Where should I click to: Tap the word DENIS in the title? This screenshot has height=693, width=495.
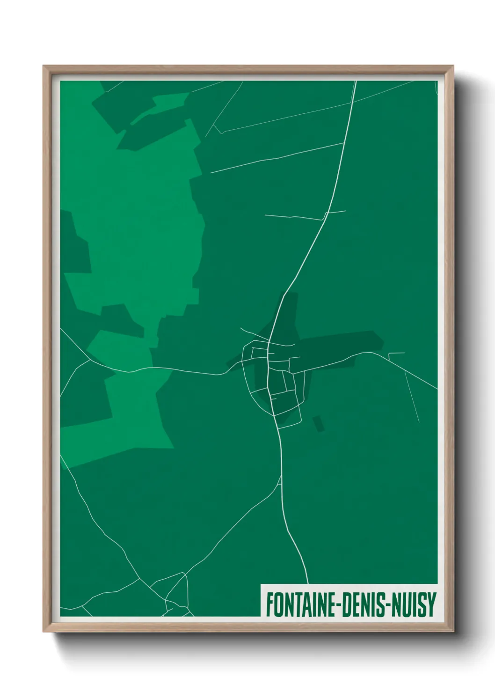pos(363,605)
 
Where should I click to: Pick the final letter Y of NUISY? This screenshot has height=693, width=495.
pos(432,605)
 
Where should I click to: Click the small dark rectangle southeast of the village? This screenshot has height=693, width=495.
pos(319,423)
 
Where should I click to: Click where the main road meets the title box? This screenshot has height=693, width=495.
pos(307,583)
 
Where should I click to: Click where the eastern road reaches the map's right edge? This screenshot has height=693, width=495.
pos(436,389)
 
